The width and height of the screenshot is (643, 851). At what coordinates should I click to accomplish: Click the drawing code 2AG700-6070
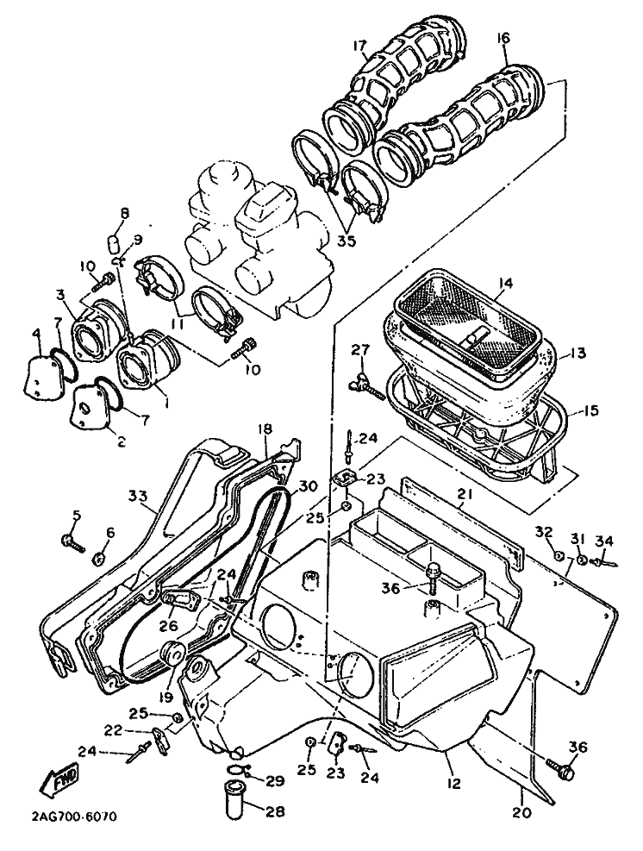[x=74, y=817]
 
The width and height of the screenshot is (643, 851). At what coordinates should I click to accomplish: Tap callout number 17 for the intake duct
[x=359, y=45]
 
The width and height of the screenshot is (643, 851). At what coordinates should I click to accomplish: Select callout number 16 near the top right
[x=503, y=37]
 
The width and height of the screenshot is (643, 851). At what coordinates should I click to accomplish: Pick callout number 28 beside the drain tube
[x=274, y=811]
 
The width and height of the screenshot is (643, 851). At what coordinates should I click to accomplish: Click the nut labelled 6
[x=99, y=558]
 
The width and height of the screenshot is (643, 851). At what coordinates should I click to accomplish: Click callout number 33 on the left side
[x=139, y=495]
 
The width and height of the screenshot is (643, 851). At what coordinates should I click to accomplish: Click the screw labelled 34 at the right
[x=605, y=561]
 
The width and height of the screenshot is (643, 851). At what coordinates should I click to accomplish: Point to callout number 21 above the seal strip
[x=465, y=494]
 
